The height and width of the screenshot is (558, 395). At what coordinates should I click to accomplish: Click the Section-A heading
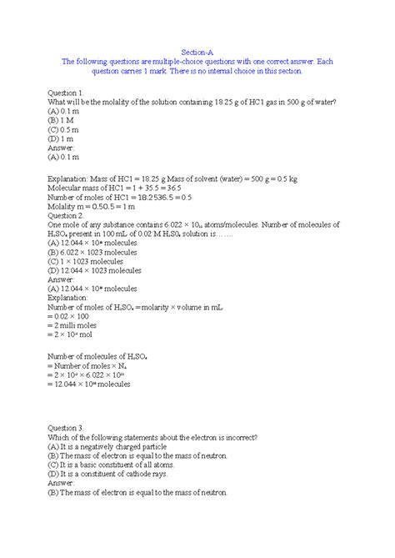pos(197,52)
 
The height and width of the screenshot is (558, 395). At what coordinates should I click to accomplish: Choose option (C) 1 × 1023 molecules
pos(96,261)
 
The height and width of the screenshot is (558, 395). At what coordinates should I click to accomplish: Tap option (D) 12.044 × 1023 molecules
pos(104,270)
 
